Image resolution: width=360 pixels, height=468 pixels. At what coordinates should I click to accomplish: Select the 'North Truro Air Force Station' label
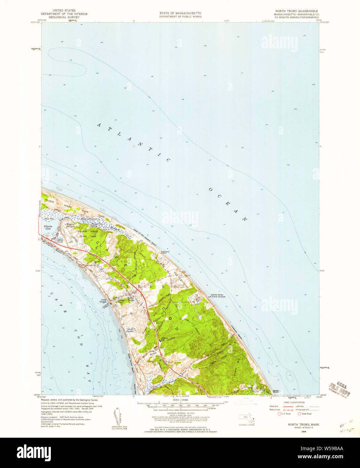[x=218, y=296]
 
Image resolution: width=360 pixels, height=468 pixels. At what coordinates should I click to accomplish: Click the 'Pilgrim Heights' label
[x=70, y=226]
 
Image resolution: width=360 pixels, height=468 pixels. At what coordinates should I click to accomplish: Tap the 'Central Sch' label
[x=164, y=338]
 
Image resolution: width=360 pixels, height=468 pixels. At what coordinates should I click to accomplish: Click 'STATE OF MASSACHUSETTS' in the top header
[x=180, y=13]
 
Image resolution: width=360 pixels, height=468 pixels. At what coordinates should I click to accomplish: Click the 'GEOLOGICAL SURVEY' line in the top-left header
[x=64, y=17]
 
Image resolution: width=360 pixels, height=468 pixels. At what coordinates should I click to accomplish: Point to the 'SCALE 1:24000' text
[x=180, y=400]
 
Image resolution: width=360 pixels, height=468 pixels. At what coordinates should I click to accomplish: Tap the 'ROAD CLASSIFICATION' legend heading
[x=294, y=402]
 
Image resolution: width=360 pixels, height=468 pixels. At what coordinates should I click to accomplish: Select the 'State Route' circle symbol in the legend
[x=299, y=414]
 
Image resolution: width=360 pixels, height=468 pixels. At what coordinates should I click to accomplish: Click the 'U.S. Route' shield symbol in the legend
[x=279, y=414]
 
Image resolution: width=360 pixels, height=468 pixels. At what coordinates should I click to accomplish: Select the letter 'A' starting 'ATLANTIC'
[x=99, y=125]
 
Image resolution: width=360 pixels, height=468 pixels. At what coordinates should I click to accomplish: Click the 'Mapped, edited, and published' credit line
[x=69, y=400]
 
